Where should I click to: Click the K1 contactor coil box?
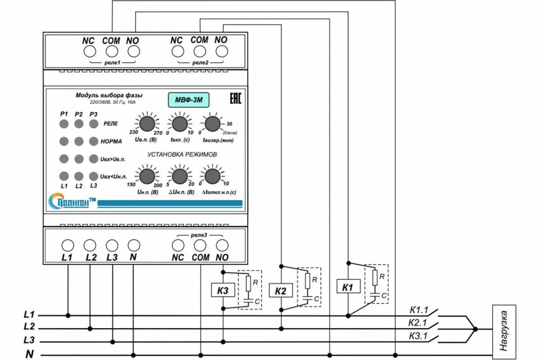348,287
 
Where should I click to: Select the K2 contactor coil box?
280,291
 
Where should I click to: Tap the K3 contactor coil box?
223,291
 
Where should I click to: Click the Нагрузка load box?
504,330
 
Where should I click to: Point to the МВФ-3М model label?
189,100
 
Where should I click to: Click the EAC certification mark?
235,99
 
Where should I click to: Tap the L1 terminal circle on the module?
67,245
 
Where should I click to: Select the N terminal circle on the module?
133,245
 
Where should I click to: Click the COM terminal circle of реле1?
111,51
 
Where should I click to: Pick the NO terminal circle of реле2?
221,51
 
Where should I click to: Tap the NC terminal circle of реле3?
178,245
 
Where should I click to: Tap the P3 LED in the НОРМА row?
94,141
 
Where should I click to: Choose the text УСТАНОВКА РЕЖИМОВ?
182,154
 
